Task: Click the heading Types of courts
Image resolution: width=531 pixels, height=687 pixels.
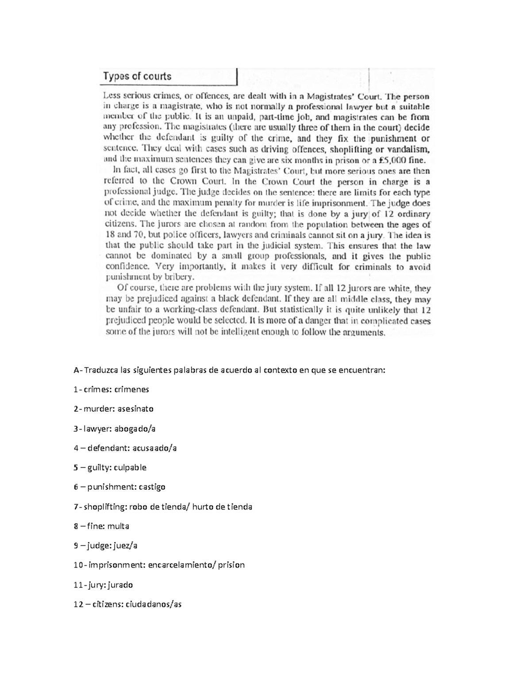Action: tap(137, 76)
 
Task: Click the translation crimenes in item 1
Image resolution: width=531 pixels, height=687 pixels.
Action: tap(131, 389)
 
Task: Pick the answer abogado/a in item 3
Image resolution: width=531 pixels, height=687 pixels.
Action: tap(135, 428)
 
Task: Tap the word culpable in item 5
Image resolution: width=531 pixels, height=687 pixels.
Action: tap(130, 467)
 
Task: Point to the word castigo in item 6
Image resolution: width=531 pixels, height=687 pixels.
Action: tap(152, 487)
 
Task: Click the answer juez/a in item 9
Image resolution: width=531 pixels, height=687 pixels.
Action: tap(126, 545)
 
